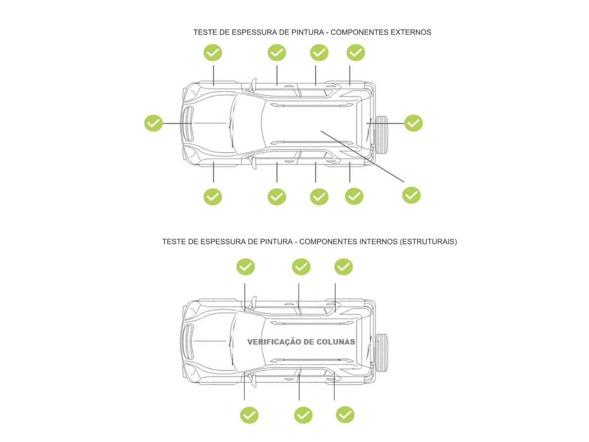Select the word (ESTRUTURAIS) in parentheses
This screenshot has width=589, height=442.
click(428, 241)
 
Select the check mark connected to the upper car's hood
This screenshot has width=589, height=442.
click(153, 123)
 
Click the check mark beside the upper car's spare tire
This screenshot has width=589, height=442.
click(413, 123)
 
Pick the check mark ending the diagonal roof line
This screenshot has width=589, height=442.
click(411, 195)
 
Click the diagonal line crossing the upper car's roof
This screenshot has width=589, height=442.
click(362, 156)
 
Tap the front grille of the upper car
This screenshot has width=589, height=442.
click(189, 124)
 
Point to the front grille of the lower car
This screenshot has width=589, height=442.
click(189, 341)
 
